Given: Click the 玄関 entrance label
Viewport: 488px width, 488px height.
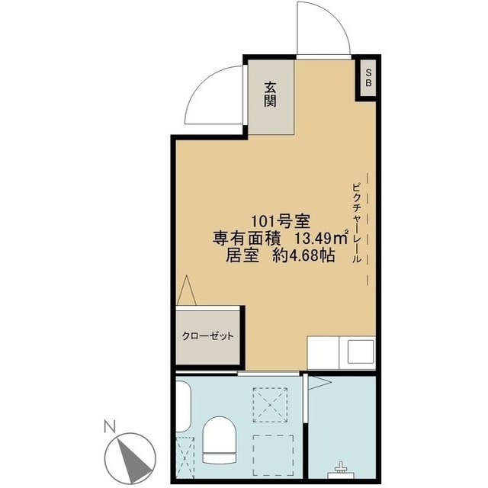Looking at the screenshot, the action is (x=270, y=95).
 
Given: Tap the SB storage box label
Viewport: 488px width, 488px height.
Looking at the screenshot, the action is (x=368, y=78).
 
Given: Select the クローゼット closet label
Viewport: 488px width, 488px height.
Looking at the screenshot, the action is (x=207, y=336).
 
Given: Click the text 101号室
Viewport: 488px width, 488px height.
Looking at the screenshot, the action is (x=281, y=222).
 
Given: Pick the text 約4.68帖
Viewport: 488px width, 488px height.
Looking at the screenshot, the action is (x=303, y=256).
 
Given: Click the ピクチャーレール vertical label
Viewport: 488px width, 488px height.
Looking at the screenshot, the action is (x=357, y=223).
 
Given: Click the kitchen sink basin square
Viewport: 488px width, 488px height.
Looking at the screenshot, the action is (x=361, y=352).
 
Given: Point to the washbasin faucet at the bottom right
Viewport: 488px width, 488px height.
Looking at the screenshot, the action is (x=341, y=467).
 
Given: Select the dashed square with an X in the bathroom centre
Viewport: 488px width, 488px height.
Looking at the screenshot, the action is (x=270, y=405).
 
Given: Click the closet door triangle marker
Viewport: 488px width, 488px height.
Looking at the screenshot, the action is (x=186, y=290).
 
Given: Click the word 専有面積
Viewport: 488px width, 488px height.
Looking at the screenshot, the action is (x=247, y=239).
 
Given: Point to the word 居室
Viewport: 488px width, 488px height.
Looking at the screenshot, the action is (x=242, y=256).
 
